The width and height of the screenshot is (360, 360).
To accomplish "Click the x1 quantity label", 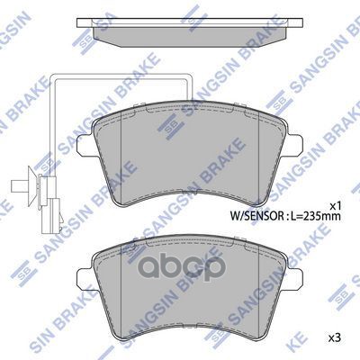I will pyautogui.click(x=336, y=202).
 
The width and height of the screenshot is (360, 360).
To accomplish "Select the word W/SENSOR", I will pyautogui.click(x=256, y=217).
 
